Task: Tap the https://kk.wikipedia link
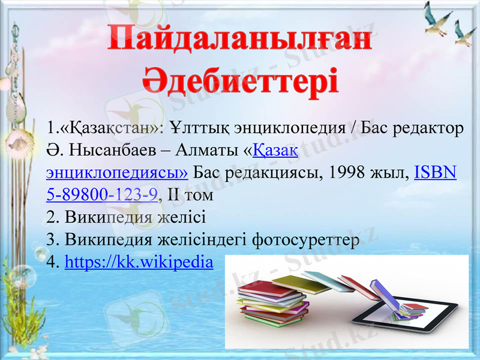(139, 262)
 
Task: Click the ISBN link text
(436, 173)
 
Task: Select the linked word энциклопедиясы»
(117, 173)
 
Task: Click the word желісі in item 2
(181, 217)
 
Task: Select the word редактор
(426, 128)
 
